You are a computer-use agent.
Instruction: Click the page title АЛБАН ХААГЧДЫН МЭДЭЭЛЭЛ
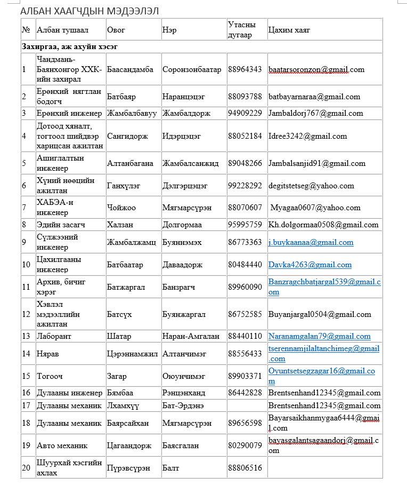point(89,11)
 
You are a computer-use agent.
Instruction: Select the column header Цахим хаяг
point(289,30)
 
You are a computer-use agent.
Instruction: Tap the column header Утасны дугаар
point(242,30)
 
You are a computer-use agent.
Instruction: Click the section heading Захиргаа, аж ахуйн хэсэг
point(70,46)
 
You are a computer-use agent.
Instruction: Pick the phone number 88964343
point(245,69)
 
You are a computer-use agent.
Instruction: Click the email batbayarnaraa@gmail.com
point(314,97)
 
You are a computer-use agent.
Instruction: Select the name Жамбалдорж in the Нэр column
point(186,113)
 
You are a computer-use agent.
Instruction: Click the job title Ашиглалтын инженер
point(60,163)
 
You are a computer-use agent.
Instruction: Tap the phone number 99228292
point(245,186)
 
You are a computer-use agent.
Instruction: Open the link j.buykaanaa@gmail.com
point(311,242)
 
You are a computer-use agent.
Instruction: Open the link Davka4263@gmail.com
point(310,265)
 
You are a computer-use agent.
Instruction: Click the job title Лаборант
point(54,336)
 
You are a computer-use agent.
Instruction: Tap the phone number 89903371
point(245,376)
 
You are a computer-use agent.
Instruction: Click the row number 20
point(26,468)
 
